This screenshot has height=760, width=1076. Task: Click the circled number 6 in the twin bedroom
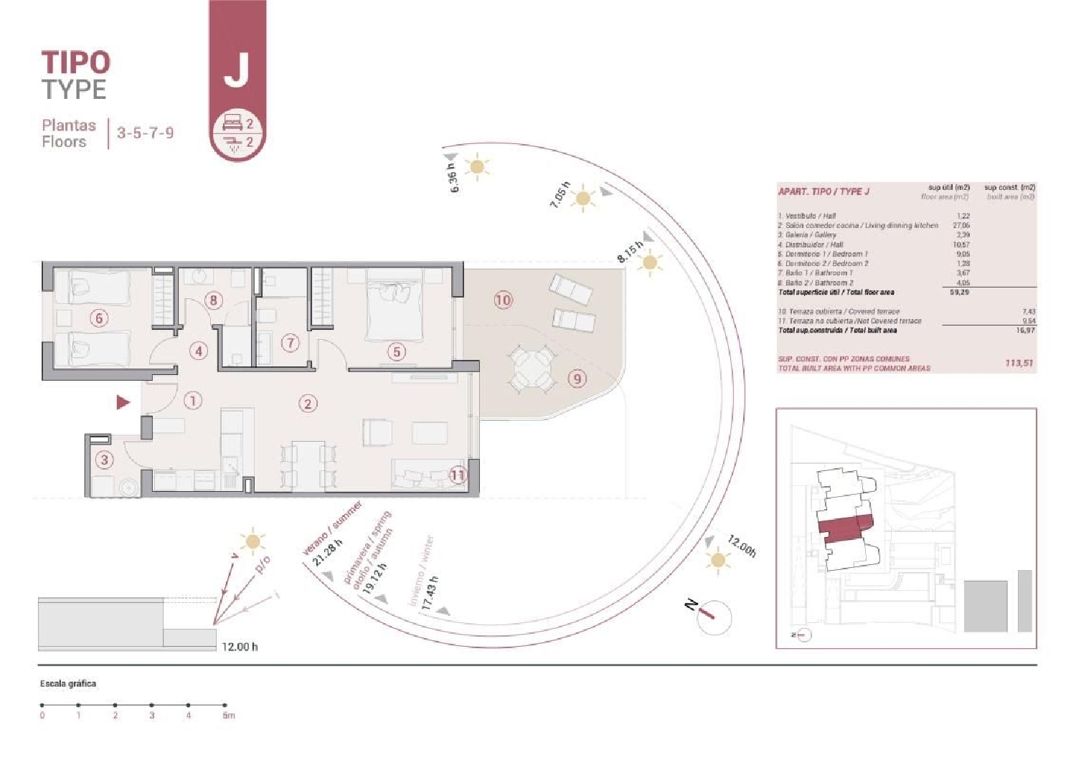pyautogui.click(x=99, y=318)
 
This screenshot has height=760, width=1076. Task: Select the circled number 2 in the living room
pyautogui.click(x=308, y=404)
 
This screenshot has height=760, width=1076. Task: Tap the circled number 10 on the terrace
pyautogui.click(x=503, y=300)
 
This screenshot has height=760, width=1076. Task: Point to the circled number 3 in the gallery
pyautogui.click(x=105, y=460)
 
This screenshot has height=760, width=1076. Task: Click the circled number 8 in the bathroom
pyautogui.click(x=213, y=300)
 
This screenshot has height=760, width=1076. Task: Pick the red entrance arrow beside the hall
pyautogui.click(x=123, y=402)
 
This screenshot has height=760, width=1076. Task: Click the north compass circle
pyautogui.click(x=714, y=617)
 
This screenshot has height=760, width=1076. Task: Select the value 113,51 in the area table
pyautogui.click(x=1019, y=364)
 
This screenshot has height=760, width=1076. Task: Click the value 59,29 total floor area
pyautogui.click(x=959, y=293)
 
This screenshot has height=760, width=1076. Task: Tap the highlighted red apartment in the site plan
pyautogui.click(x=844, y=529)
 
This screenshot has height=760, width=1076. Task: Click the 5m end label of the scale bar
pyautogui.click(x=227, y=716)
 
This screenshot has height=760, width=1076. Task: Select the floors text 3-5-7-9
pyautogui.click(x=145, y=133)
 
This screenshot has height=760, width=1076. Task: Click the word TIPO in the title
pyautogui.click(x=75, y=63)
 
